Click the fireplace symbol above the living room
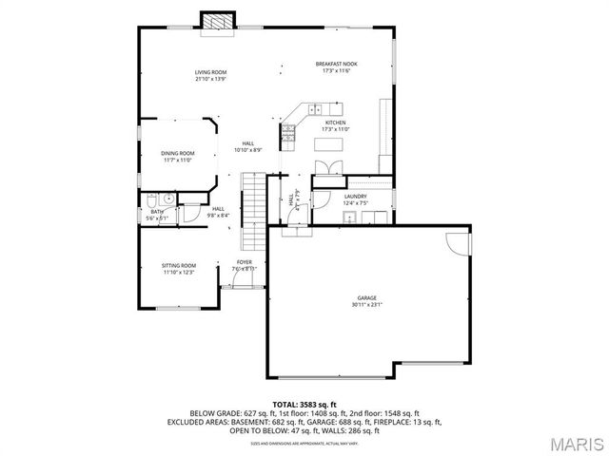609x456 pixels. pos(217,22)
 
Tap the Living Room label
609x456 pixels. pos(210,72)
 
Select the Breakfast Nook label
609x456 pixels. pos(336,65)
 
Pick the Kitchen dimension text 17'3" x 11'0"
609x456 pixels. pos(336,129)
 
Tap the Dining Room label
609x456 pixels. pos(177,153)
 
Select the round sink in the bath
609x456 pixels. pos(167,199)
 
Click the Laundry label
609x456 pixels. pos(355,197)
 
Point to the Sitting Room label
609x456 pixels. pos(178,265)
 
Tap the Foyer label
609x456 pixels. pos(245,262)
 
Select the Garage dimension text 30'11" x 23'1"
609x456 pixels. pos(367,305)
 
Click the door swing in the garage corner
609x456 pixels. pos(460,243)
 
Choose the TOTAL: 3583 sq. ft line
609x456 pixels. pos(304,405)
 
